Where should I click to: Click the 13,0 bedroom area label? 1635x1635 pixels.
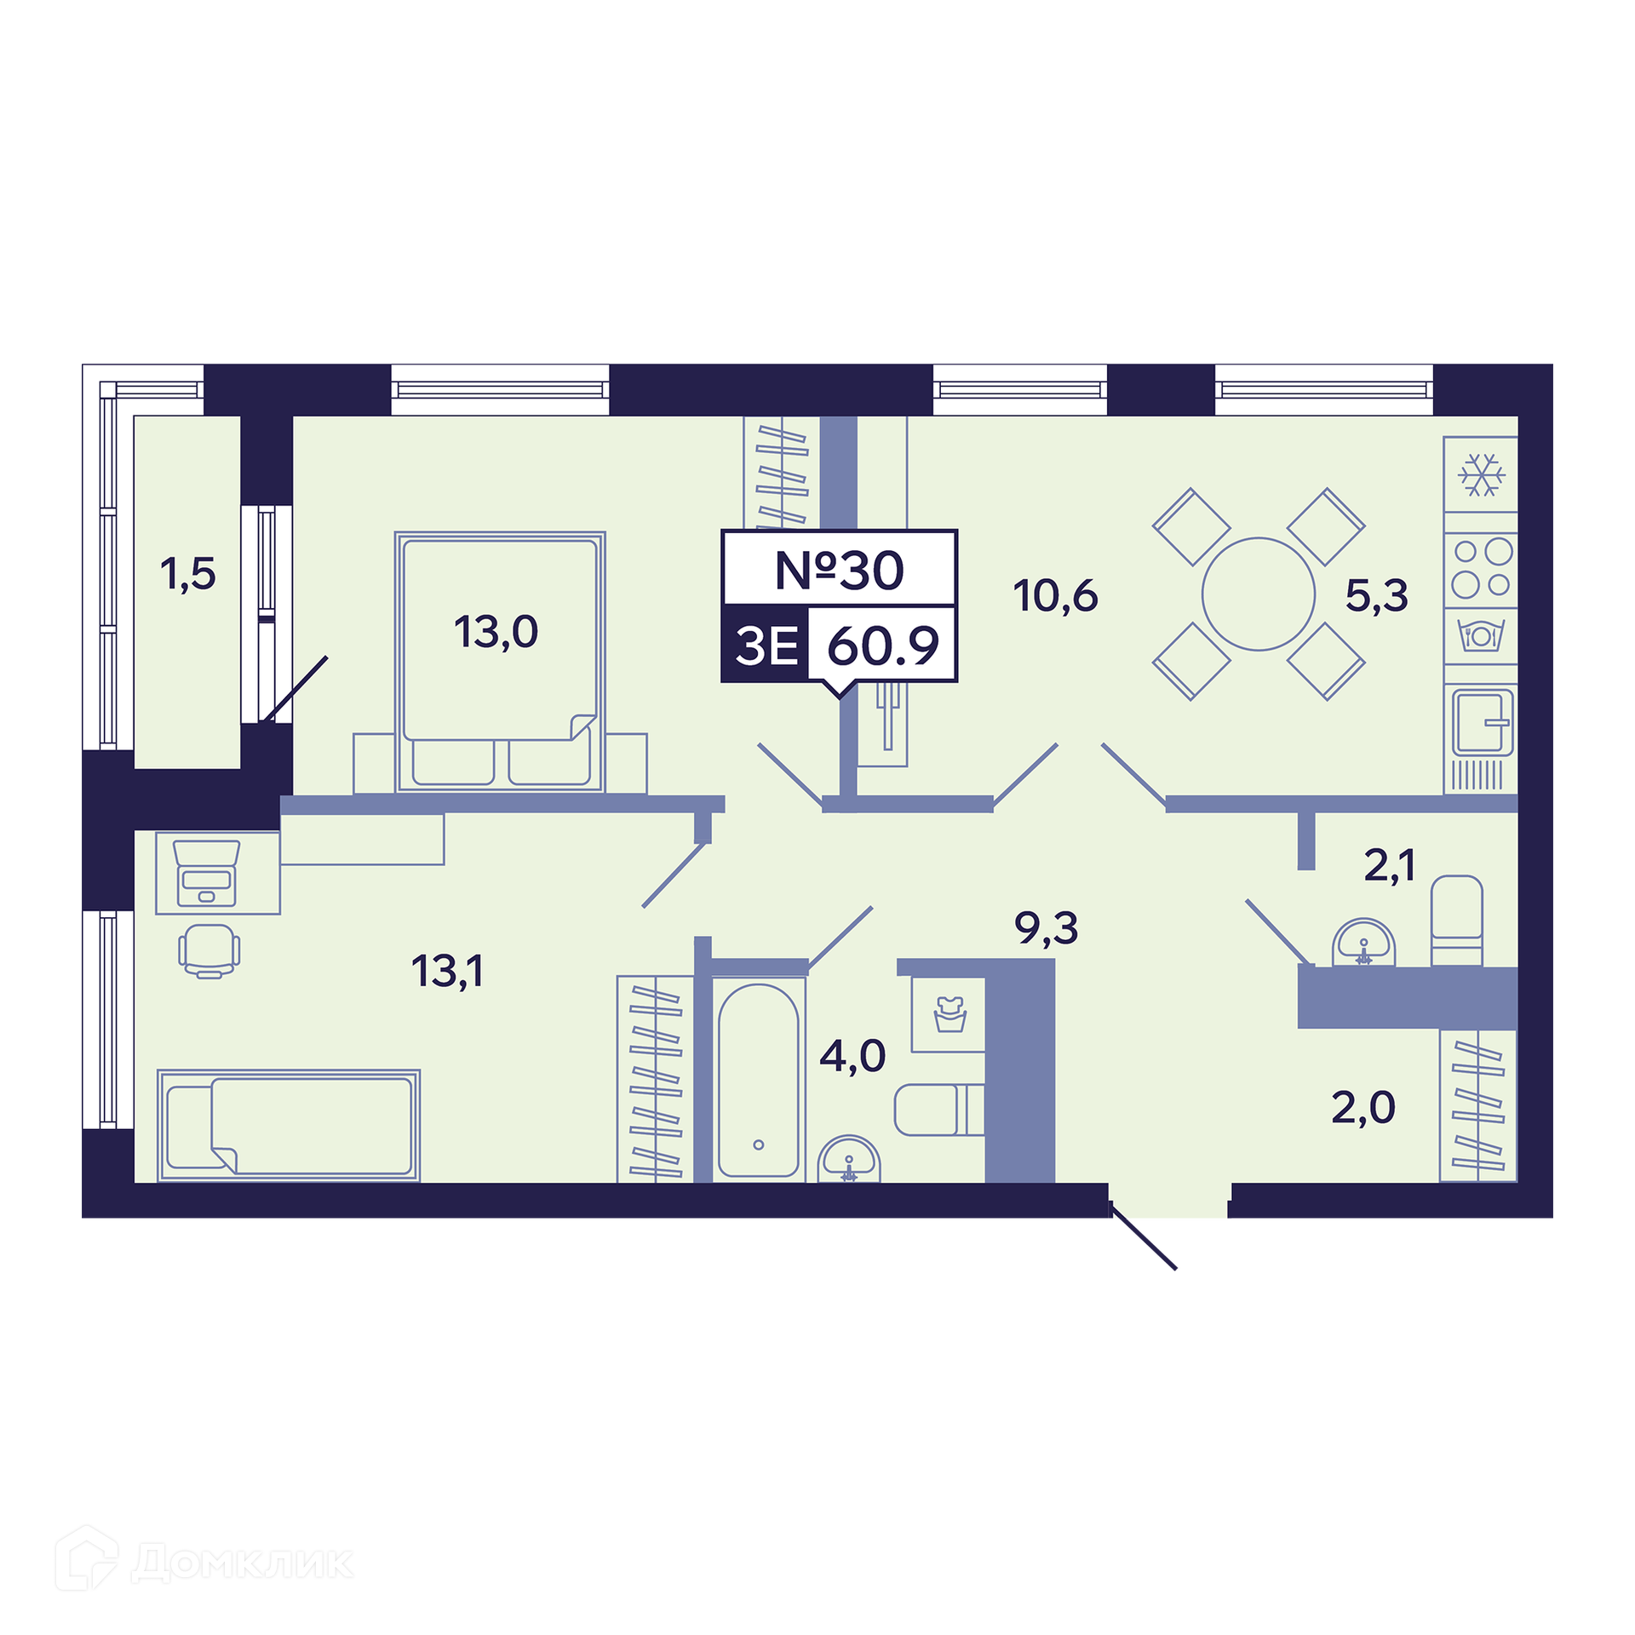(x=496, y=633)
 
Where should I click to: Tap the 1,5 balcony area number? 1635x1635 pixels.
(x=188, y=574)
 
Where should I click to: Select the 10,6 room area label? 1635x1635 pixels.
(x=1055, y=596)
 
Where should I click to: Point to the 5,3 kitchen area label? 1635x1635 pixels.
(x=1377, y=595)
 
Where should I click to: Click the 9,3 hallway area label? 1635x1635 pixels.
(x=1047, y=927)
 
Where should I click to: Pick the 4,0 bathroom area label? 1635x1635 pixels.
(x=852, y=1056)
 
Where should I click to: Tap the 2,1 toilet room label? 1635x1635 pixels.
(x=1390, y=866)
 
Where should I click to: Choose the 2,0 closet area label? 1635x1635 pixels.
(x=1363, y=1108)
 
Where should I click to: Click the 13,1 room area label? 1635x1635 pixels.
(x=447, y=972)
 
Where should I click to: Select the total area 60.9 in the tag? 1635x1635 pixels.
(x=883, y=645)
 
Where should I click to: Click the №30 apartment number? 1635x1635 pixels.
(x=839, y=571)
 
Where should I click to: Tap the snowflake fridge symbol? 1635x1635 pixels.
(x=1482, y=475)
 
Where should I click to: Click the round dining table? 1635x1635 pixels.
(x=1259, y=594)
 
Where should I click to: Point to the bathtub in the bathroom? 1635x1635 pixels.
(x=758, y=1080)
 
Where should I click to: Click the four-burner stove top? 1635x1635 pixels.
(x=1482, y=568)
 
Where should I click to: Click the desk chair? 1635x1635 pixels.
(x=209, y=951)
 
